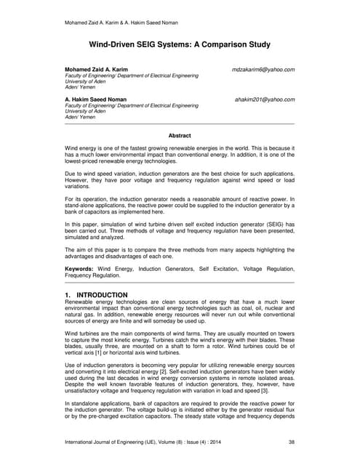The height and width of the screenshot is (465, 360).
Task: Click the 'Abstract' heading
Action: coord(180,135)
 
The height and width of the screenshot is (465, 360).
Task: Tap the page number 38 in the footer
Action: coord(291,441)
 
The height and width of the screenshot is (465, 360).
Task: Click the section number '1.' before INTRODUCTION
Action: coord(70,295)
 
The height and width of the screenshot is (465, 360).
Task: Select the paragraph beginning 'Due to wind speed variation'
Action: coord(180,179)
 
